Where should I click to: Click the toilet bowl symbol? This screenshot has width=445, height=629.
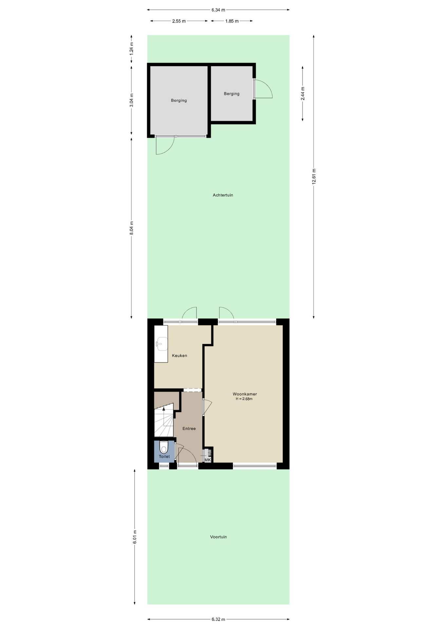pyautogui.click(x=164, y=447)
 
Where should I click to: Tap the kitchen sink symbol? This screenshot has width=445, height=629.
pyautogui.click(x=161, y=344)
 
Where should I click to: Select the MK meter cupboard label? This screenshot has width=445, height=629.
pyautogui.click(x=208, y=460)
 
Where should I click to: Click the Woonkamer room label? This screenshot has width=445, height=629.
pyautogui.click(x=245, y=394)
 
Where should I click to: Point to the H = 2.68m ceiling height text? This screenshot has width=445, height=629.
pyautogui.click(x=244, y=399)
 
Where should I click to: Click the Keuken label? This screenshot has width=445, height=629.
pyautogui.click(x=180, y=355)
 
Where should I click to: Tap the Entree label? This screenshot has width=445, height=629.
pyautogui.click(x=189, y=429)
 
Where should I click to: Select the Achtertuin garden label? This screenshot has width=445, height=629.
pyautogui.click(x=223, y=195)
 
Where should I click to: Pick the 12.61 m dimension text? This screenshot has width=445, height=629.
pyautogui.click(x=314, y=177)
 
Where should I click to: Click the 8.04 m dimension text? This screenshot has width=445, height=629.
pyautogui.click(x=132, y=228)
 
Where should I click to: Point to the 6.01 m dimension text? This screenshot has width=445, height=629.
pyautogui.click(x=135, y=537)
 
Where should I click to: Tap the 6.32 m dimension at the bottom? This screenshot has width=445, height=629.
pyautogui.click(x=218, y=619)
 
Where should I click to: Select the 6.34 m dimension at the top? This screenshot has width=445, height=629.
pyautogui.click(x=218, y=10)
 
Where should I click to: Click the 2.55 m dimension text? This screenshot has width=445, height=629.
pyautogui.click(x=179, y=21)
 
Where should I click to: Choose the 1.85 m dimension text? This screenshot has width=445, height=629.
pyautogui.click(x=232, y=21)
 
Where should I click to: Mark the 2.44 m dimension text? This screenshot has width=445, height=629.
pyautogui.click(x=303, y=94)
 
